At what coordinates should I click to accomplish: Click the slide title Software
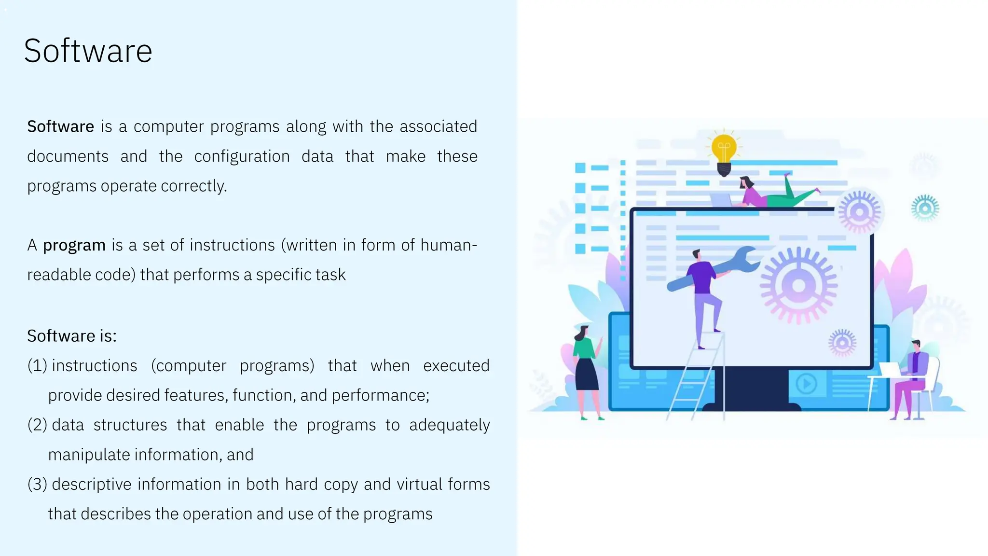click(x=88, y=51)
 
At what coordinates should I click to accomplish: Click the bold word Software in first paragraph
click(x=60, y=126)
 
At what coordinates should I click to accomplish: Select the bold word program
click(x=74, y=245)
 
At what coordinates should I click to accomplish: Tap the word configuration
click(x=242, y=156)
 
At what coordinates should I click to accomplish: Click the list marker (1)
click(x=37, y=366)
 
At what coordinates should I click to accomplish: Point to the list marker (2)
click(x=37, y=425)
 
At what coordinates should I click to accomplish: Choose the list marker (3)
click(x=37, y=485)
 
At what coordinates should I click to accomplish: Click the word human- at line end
click(x=448, y=245)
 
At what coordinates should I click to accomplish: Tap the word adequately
click(x=449, y=425)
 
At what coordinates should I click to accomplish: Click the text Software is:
click(x=72, y=336)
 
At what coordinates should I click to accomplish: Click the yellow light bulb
click(x=724, y=151)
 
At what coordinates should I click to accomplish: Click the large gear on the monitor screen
click(x=798, y=285)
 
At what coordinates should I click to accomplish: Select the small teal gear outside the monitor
click(x=925, y=208)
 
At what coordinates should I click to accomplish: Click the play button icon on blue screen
click(x=806, y=384)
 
